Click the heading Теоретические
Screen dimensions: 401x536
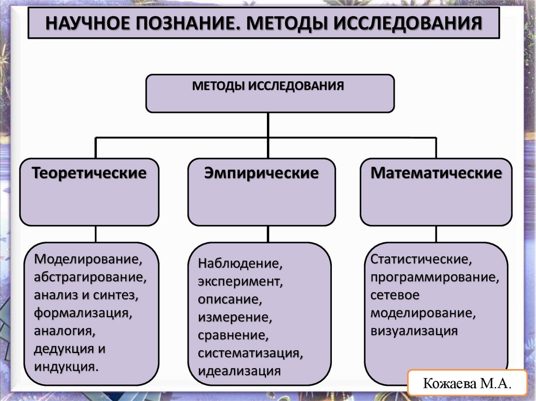pyautogui.click(x=89, y=173)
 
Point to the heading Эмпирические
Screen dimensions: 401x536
pyautogui.click(x=261, y=173)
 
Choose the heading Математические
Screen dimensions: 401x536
pyautogui.click(x=436, y=173)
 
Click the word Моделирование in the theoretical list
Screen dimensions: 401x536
pyautogui.click(x=87, y=258)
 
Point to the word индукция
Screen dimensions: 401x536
pyautogui.click(x=65, y=365)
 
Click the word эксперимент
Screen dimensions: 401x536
pyautogui.click(x=240, y=281)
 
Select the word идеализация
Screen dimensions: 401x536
pyautogui.click(x=239, y=370)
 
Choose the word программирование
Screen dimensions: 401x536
pyautogui.click(x=434, y=277)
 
